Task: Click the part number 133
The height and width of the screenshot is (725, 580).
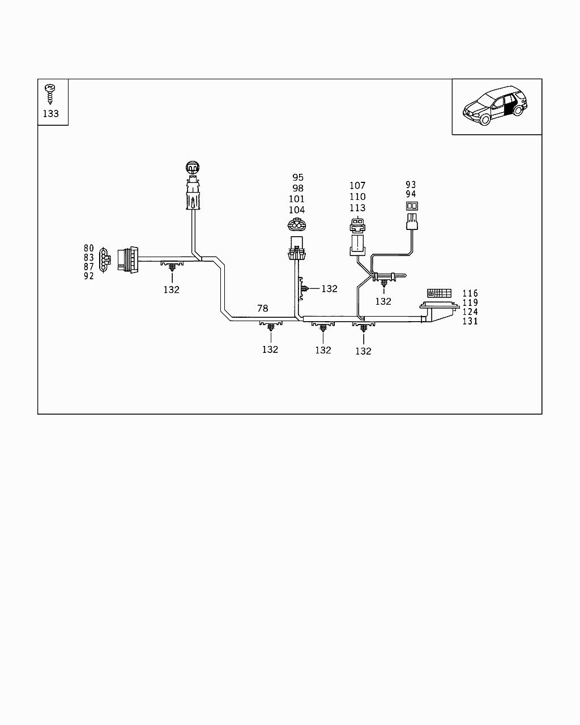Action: tap(51, 113)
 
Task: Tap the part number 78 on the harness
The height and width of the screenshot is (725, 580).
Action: tap(263, 309)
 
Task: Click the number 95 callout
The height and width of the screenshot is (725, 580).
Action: tap(298, 178)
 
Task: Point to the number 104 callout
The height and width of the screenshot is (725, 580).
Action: tap(297, 210)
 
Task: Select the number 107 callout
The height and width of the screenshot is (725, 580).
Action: tap(357, 186)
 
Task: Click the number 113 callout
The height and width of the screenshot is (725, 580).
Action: tap(357, 208)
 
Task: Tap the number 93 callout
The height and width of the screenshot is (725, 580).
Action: tap(411, 185)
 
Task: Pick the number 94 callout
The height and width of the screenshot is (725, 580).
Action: tap(411, 194)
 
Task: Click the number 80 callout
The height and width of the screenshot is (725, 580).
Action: tap(89, 248)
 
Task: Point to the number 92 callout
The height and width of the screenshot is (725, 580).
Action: tap(89, 276)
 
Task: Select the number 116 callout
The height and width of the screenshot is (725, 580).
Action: tap(470, 293)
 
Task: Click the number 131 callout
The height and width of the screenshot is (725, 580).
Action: tap(470, 321)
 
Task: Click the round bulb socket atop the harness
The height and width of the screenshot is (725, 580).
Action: tap(193, 168)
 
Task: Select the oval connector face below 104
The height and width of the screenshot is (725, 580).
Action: tap(296, 224)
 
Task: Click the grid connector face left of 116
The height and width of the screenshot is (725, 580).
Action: tap(439, 293)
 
